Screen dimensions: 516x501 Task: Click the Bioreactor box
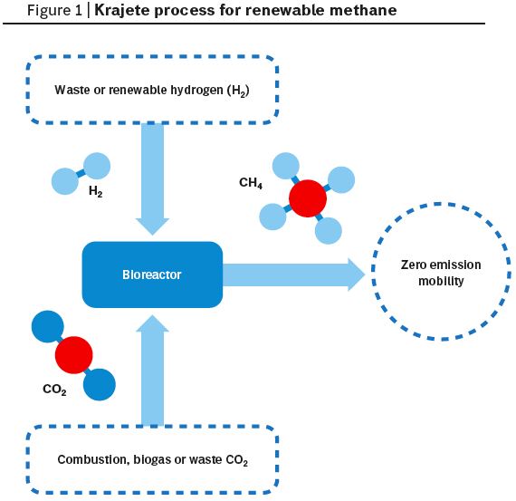(x=152, y=275)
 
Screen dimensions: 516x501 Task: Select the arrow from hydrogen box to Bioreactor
(x=152, y=178)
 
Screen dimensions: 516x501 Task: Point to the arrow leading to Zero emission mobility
(x=294, y=275)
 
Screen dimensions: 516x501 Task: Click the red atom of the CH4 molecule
(x=308, y=198)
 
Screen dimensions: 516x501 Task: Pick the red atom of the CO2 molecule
(x=73, y=355)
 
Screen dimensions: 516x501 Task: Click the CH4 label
(x=251, y=183)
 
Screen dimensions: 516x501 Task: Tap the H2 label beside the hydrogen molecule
(x=96, y=191)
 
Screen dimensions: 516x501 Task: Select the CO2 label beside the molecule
(x=54, y=390)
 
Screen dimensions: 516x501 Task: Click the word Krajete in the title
(x=121, y=11)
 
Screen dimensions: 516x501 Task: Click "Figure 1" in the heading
(x=54, y=11)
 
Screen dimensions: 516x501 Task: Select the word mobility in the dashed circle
(x=441, y=281)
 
